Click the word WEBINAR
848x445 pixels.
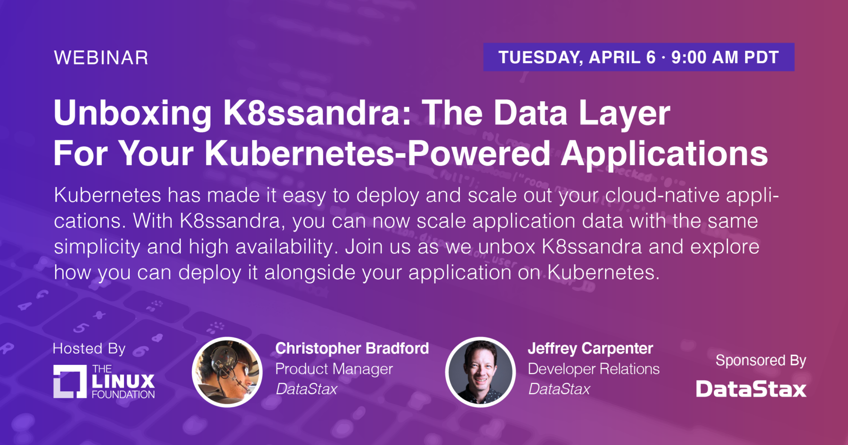101,58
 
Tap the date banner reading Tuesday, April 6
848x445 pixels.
639,57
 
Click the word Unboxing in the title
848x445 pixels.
133,113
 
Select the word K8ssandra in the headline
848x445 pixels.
317,113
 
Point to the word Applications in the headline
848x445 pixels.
664,154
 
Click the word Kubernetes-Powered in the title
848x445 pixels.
377,154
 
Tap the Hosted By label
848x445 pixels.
89,348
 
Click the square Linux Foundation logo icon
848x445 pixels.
70,381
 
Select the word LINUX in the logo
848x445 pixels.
123,381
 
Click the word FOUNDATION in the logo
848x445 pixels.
123,395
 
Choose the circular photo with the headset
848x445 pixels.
227,372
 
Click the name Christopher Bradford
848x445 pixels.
352,348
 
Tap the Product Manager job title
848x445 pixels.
334,369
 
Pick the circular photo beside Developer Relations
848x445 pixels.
480,372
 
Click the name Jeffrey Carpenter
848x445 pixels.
590,348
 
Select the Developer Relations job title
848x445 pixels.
594,369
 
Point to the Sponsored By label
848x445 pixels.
761,361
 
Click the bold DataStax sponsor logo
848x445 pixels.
751,389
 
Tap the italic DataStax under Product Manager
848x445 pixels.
307,389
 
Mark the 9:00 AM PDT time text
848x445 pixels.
725,57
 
